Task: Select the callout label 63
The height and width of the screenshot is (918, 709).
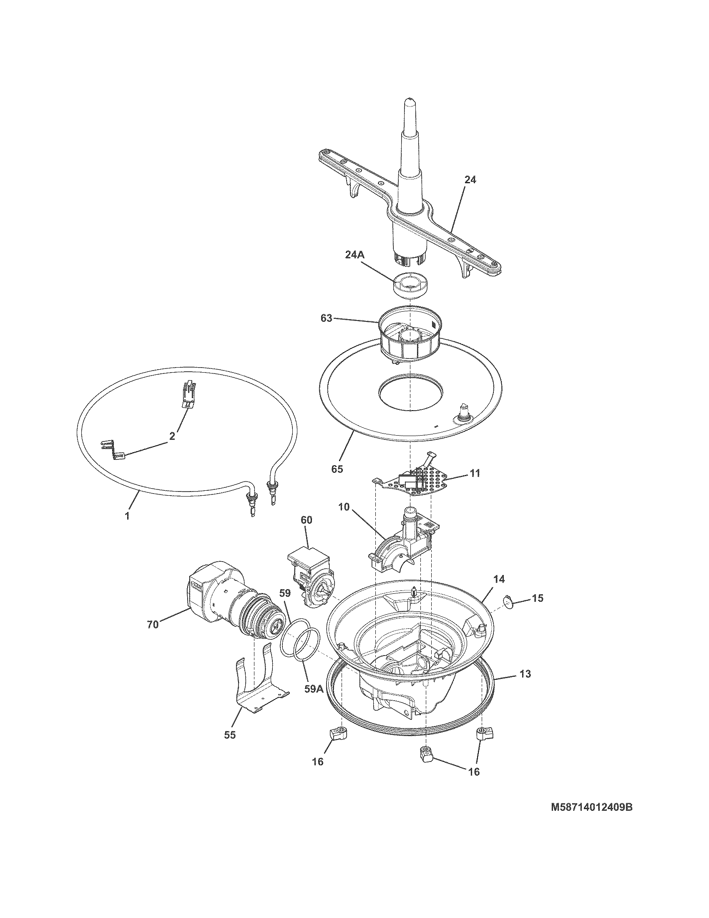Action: coord(326,318)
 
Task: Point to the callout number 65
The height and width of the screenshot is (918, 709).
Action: coord(337,469)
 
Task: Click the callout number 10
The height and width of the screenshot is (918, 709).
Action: coord(343,507)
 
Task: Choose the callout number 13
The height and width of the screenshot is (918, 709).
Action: coord(525,674)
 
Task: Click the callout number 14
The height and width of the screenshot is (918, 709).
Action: coord(498,579)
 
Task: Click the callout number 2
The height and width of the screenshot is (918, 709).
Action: coord(172,436)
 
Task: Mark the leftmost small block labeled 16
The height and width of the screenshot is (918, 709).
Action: coord(338,734)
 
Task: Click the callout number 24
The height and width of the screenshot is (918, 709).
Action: coord(470,180)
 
